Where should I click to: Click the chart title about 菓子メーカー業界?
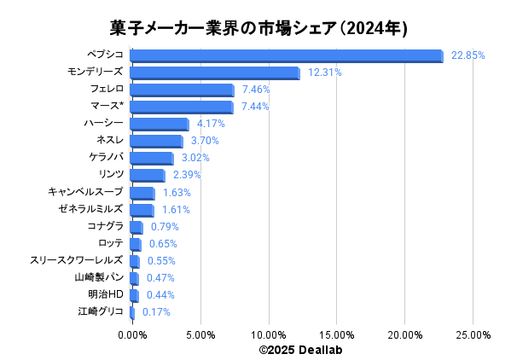pyautogui.click(x=258, y=28)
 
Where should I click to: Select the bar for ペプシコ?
pyautogui.click(x=287, y=55)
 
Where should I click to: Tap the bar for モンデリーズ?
pyautogui.click(x=215, y=73)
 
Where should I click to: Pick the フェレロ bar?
pyautogui.click(x=182, y=90)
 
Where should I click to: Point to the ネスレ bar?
pyautogui.click(x=156, y=141)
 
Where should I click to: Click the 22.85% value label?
pyautogui.click(x=468, y=55)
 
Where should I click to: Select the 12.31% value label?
pyautogui.click(x=324, y=73)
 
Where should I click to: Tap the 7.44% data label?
pyautogui.click(x=256, y=107)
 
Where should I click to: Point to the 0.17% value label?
pyautogui.click(x=156, y=312)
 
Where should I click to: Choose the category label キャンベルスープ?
pyautogui.click(x=86, y=192)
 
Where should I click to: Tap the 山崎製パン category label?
pyautogui.click(x=99, y=277)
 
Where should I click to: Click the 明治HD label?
pyautogui.click(x=106, y=294)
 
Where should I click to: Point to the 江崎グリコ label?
pyautogui.click(x=101, y=311)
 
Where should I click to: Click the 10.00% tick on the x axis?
pyautogui.click(x=269, y=335)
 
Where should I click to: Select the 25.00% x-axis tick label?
pyautogui.click(x=473, y=335)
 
